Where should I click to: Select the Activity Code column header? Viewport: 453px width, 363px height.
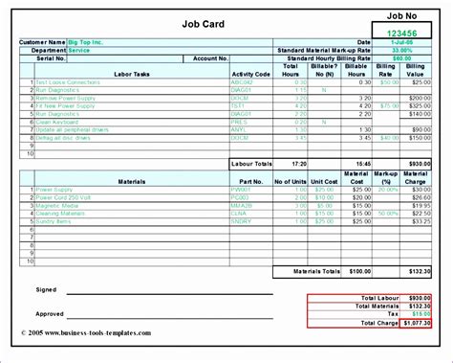pyautogui.click(x=249, y=72)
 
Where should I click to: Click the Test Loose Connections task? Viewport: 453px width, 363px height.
pyautogui.click(x=70, y=81)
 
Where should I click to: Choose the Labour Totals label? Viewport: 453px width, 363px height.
pyautogui.click(x=254, y=164)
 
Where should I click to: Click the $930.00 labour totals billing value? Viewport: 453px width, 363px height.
pyautogui.click(x=418, y=164)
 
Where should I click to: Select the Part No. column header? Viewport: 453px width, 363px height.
pyautogui.click(x=250, y=181)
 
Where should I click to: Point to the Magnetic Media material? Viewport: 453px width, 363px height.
pyautogui.click(x=58, y=205)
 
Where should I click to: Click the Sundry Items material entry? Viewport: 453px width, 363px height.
pyautogui.click(x=55, y=221)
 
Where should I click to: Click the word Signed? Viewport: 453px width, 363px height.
pyautogui.click(x=46, y=288)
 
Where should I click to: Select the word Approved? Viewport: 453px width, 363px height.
pyautogui.click(x=50, y=313)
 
